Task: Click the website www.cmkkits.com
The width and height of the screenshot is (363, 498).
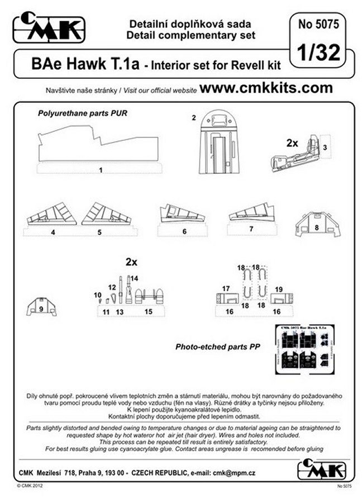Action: (266, 88)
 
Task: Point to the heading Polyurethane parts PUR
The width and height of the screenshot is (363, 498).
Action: (83, 112)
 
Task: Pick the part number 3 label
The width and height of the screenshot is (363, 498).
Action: (325, 146)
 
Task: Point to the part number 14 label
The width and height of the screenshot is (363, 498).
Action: (135, 278)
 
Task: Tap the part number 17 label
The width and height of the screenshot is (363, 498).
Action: (226, 288)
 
